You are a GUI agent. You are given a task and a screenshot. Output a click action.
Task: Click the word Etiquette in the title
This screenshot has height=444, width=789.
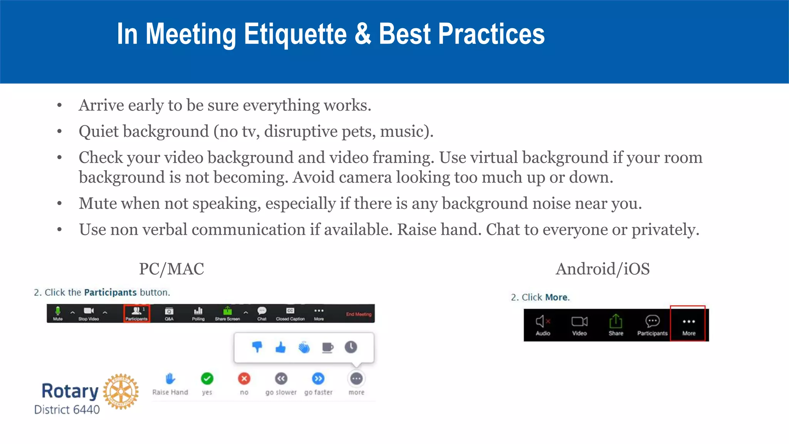(x=295, y=34)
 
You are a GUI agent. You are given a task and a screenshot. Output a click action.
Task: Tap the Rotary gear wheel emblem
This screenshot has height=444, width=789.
(x=121, y=391)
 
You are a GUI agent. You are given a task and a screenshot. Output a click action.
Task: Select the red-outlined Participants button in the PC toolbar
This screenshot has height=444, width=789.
(x=136, y=313)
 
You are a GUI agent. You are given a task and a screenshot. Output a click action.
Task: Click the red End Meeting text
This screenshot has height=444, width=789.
(x=358, y=314)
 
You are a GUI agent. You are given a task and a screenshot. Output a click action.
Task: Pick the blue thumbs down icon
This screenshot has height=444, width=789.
(x=257, y=347)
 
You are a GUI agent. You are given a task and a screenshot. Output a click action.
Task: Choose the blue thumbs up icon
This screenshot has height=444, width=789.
(x=280, y=347)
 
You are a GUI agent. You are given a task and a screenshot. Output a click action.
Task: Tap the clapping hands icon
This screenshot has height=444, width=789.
(x=304, y=347)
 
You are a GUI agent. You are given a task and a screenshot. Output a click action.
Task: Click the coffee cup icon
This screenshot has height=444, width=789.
(x=327, y=347)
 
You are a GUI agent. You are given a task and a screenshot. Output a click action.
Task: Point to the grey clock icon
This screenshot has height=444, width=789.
(x=351, y=347)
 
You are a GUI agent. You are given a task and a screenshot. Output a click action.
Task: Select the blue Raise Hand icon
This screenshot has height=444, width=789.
(x=170, y=379)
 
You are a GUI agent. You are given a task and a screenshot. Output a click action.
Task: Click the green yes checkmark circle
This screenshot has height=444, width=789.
(x=207, y=379)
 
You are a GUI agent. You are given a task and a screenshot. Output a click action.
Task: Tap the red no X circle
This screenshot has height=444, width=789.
(x=244, y=379)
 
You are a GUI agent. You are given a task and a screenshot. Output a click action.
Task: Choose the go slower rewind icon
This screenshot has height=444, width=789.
(x=281, y=379)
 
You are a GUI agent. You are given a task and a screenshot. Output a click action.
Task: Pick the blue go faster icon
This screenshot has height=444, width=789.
(x=318, y=379)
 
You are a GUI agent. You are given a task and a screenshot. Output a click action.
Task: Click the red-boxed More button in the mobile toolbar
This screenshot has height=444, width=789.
(x=688, y=324)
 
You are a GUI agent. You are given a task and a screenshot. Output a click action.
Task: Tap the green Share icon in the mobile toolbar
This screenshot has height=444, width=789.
(x=616, y=321)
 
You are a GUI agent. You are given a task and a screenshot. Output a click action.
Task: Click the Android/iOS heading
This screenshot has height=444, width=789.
(x=602, y=269)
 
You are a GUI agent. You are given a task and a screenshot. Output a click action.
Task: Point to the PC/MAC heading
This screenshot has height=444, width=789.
(x=171, y=269)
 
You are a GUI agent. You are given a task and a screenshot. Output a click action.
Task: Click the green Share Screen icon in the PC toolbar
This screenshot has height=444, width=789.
(x=227, y=311)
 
